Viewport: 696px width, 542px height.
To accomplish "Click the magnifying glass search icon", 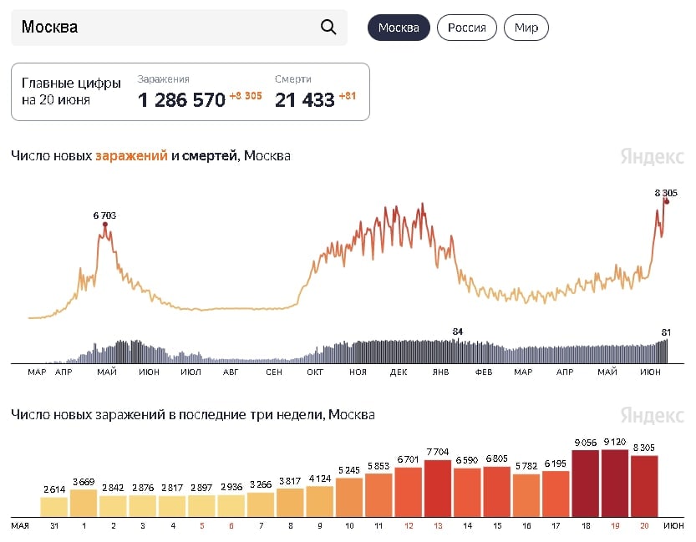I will coord(328,27).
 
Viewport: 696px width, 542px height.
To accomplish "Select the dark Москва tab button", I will coord(399,28).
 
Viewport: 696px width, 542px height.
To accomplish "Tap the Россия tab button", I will coord(467,28).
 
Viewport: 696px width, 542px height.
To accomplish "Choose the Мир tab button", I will coord(526,28).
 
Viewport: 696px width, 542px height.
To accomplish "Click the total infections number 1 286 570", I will coord(181,100).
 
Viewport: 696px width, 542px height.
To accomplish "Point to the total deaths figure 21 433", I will coord(305,100).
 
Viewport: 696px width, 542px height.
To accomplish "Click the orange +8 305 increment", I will coord(246,96).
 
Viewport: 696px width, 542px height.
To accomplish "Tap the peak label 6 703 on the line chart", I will coord(104,215).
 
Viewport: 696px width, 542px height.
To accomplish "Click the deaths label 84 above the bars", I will coord(457,332).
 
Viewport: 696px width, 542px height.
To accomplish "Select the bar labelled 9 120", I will coord(615,484).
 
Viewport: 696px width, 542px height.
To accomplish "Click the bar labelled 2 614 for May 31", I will coord(54,507).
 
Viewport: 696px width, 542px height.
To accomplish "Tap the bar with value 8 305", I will coord(645,486).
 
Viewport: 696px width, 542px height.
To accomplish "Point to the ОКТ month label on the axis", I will coord(315,372).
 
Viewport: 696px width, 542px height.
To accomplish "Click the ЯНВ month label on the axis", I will coord(439,372).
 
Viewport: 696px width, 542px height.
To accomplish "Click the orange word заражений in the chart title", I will coord(131,155).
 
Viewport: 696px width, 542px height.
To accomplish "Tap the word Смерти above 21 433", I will coord(292,79).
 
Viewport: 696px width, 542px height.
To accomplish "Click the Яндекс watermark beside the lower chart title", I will coord(653,415).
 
